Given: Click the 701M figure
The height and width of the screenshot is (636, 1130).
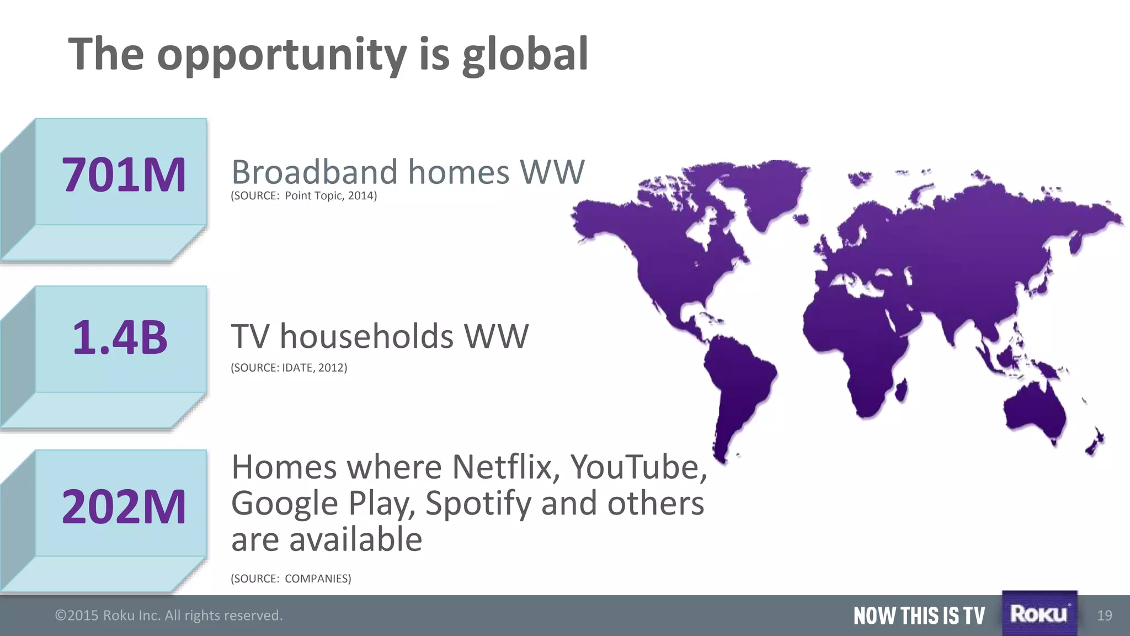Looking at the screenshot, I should (124, 175).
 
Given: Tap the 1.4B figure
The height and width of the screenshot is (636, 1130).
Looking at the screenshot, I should (120, 337).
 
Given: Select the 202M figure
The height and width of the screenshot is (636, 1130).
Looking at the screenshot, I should (124, 507).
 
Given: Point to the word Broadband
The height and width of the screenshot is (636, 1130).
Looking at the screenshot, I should (315, 172).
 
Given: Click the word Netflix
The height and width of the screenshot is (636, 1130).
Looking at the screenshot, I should (506, 467).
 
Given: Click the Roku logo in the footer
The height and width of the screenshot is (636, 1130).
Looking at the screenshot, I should (1039, 613).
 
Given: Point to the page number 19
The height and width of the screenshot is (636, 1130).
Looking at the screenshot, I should (1105, 616).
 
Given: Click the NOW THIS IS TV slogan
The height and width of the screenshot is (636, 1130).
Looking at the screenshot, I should (919, 616).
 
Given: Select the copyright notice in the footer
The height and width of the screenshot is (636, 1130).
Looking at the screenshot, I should (169, 616).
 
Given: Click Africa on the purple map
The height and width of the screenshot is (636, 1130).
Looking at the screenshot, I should (861, 342).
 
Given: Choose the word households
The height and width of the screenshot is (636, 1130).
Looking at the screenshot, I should (366, 336).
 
